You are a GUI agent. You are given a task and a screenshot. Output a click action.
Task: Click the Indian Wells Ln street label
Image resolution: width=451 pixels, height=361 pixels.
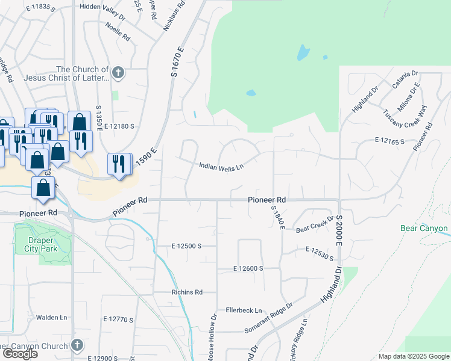pos(221,167)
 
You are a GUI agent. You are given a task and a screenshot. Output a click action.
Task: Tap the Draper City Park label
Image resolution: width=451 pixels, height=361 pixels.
pos(40,244)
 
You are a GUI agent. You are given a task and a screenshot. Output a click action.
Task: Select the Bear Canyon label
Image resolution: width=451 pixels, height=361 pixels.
pos(424,229)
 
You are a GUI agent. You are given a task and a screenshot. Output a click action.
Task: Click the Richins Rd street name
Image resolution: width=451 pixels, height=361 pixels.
pos(186,292)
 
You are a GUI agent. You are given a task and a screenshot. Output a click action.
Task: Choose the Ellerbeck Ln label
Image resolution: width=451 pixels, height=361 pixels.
pos(244,311)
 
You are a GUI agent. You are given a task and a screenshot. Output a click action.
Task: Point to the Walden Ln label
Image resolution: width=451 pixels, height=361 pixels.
pos(51,317)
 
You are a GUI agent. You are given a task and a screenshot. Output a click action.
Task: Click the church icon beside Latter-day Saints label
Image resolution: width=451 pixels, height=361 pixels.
pos(118,73)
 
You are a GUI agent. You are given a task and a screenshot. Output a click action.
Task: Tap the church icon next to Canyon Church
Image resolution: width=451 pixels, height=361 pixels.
pos(77,345)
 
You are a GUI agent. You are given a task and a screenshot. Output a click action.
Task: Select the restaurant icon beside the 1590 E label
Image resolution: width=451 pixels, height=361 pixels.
pos(119,164)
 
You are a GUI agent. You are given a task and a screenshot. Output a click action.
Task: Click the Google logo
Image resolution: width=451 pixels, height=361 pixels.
pos(20,354)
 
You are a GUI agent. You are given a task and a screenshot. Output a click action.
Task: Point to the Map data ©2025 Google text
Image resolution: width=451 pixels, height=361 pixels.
pos(413,356)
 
